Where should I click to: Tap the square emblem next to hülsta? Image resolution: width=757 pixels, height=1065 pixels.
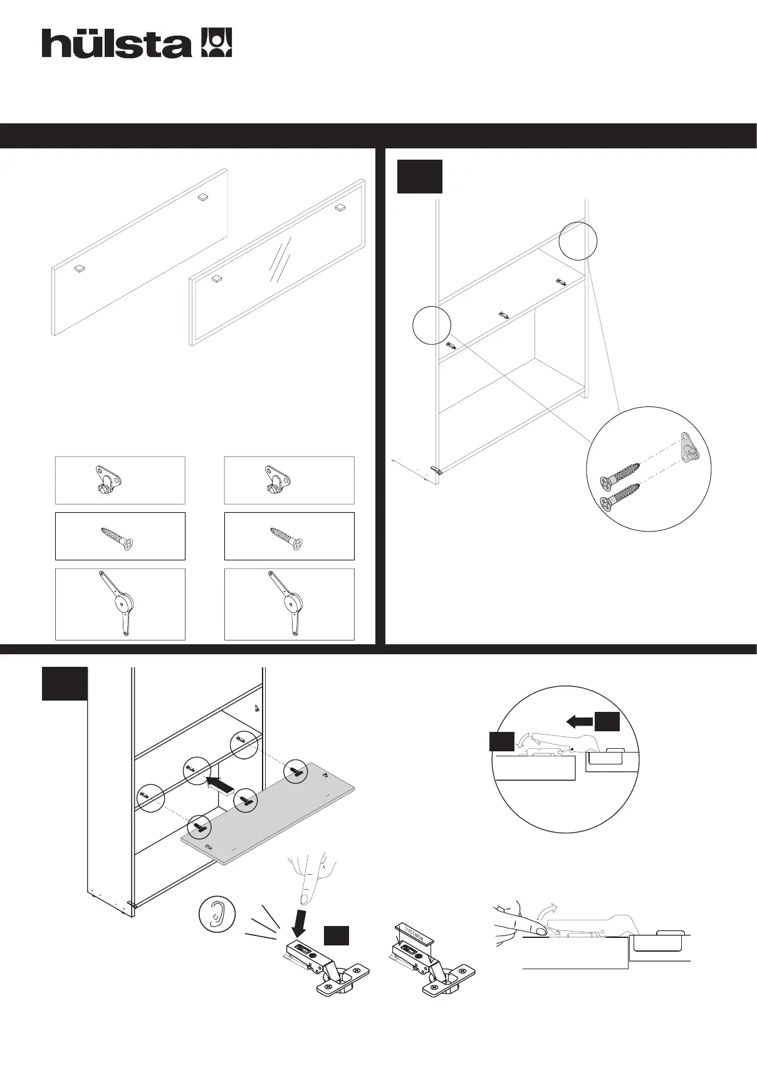(x=216, y=43)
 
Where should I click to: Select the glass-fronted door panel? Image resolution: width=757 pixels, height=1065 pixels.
(x=277, y=262)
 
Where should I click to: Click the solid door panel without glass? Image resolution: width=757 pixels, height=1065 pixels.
(x=139, y=252)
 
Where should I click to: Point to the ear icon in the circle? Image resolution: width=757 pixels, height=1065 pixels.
(x=216, y=915)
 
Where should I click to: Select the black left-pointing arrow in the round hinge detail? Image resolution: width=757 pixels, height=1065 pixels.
(x=580, y=722)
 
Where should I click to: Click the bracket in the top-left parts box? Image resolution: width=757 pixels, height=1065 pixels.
(x=107, y=480)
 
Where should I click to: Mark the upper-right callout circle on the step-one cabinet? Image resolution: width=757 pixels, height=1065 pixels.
(x=578, y=240)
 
